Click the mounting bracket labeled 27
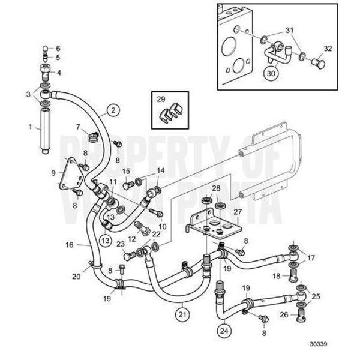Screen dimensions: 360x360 [x=216, y=226]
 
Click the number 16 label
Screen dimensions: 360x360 [x=69, y=245]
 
